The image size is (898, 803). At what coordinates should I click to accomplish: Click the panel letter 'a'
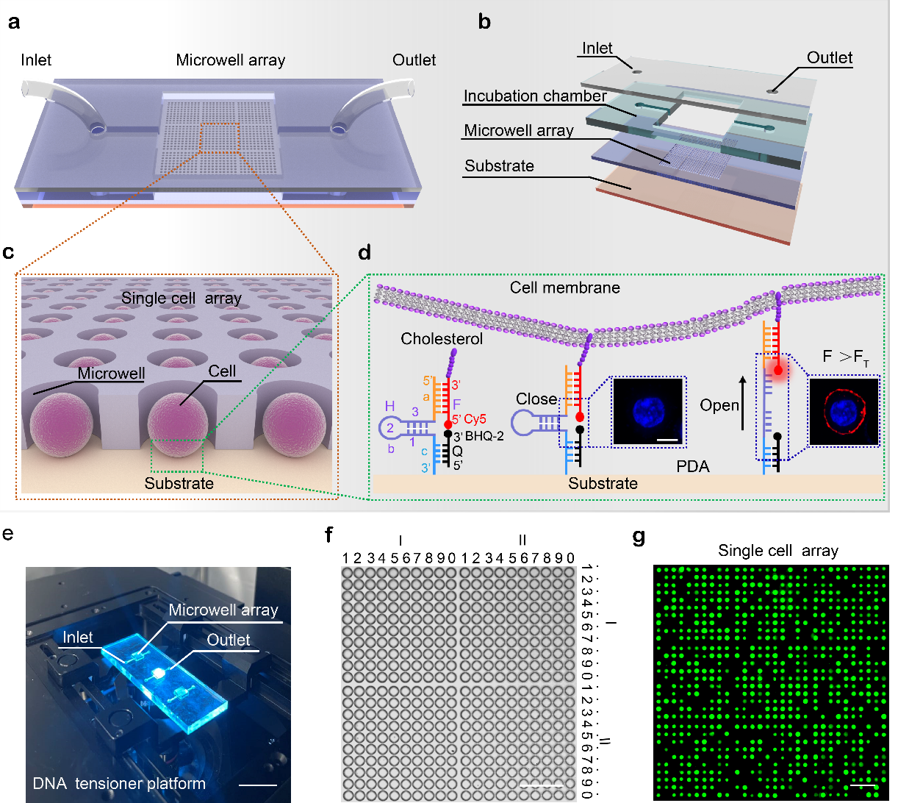pyautogui.click(x=13, y=22)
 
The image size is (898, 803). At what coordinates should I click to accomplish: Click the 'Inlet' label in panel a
pyautogui.click(x=36, y=60)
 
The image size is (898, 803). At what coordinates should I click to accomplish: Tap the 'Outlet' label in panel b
pyautogui.click(x=830, y=58)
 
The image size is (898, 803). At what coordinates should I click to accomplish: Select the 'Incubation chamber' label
pyautogui.click(x=535, y=96)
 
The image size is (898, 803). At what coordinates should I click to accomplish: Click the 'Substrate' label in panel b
pyautogui.click(x=499, y=166)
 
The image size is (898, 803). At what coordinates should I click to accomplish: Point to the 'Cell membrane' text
pyautogui.click(x=564, y=288)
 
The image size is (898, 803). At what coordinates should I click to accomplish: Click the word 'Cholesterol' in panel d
pyautogui.click(x=442, y=339)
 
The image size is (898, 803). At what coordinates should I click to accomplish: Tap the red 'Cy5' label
pyautogui.click(x=475, y=419)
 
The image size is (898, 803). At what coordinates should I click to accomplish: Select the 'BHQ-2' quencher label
pyautogui.click(x=484, y=436)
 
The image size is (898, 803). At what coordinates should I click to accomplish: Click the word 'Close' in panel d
pyautogui.click(x=536, y=399)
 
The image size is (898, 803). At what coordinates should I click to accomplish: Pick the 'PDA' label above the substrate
pyautogui.click(x=692, y=467)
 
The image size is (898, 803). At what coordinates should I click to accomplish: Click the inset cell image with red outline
pyautogui.click(x=844, y=411)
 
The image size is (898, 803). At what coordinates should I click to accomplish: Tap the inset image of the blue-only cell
pyautogui.click(x=647, y=411)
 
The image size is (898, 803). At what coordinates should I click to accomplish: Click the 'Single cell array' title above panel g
pyautogui.click(x=777, y=551)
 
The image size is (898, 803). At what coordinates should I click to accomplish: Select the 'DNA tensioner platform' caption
pyautogui.click(x=119, y=784)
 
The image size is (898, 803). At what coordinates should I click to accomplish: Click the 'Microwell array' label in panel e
pyautogui.click(x=223, y=610)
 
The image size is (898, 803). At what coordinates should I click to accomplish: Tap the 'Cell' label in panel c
pyautogui.click(x=221, y=371)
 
